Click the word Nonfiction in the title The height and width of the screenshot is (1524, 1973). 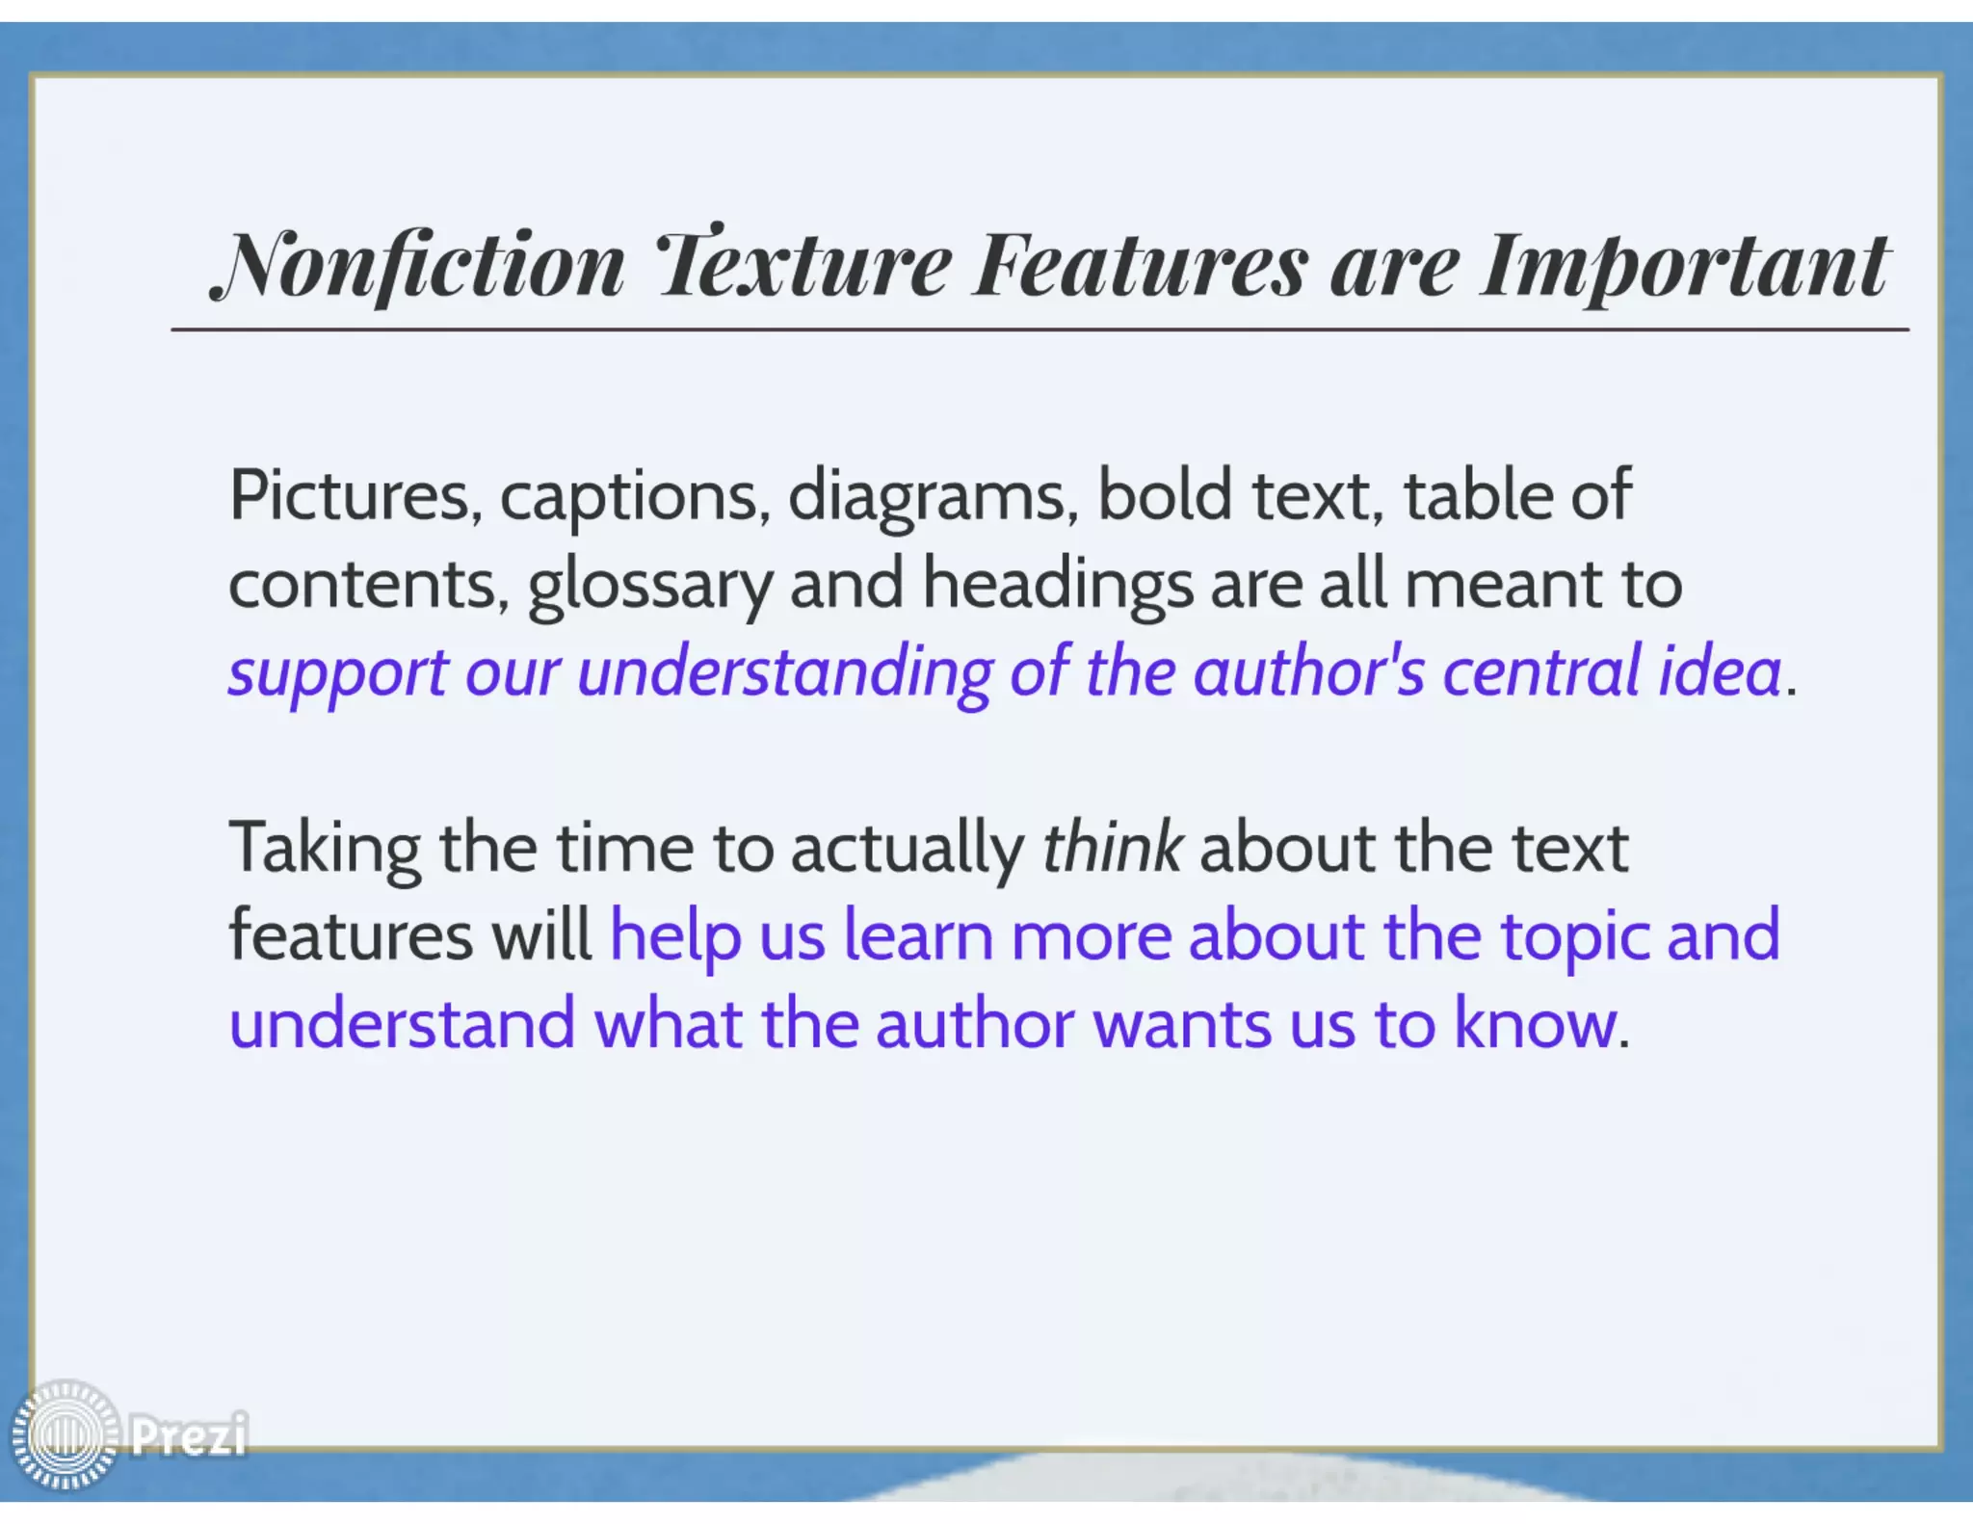click(420, 265)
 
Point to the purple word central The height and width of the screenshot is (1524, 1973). click(1541, 671)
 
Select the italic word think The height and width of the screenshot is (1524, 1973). click(1112, 848)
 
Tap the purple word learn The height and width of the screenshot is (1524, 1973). click(918, 936)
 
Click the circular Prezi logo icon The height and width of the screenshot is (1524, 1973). click(66, 1433)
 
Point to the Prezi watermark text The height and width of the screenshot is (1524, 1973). click(189, 1433)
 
